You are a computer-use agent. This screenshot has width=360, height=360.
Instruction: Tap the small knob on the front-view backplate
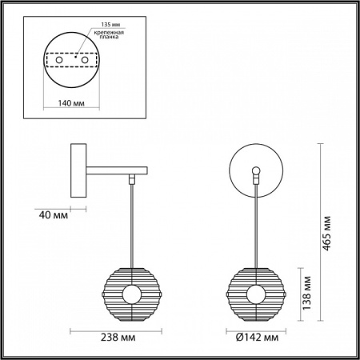pos(256,170)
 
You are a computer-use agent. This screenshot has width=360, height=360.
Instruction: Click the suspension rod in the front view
pos(256,224)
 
